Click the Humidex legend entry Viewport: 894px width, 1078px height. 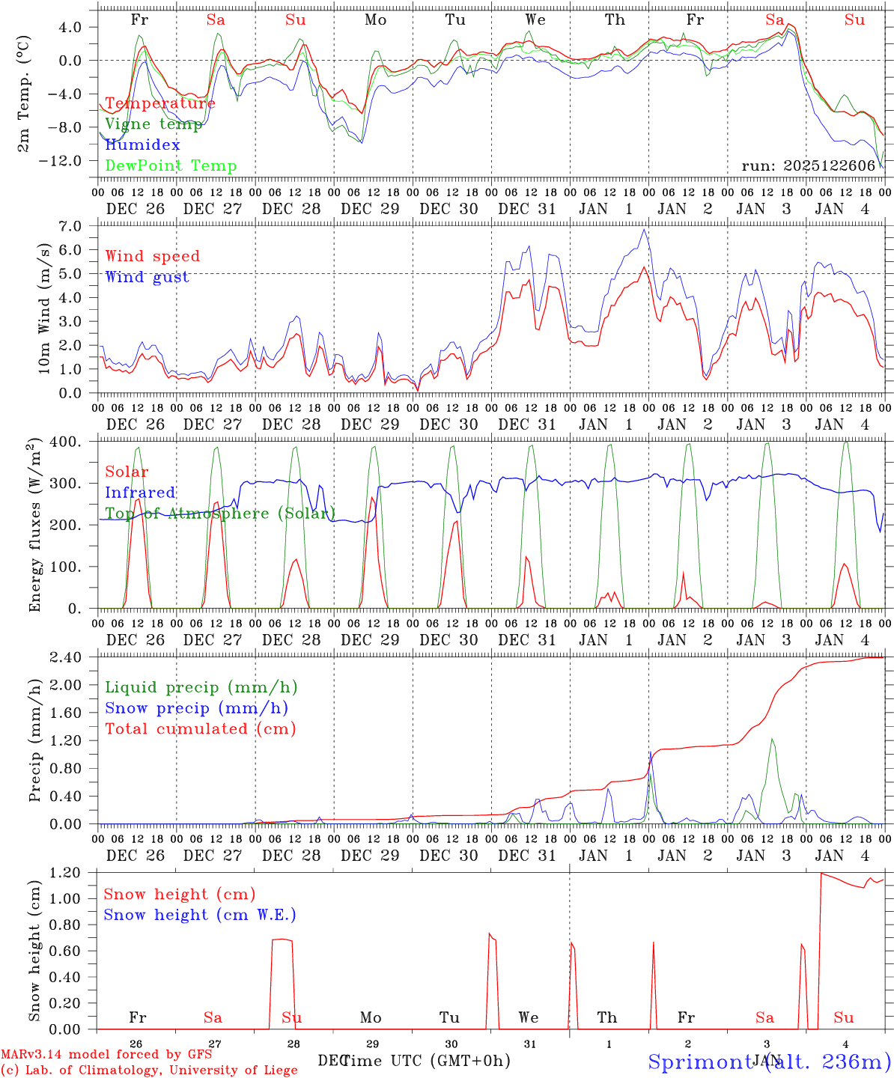point(142,145)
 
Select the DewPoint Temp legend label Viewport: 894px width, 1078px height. point(171,166)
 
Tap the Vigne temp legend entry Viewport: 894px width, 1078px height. point(153,124)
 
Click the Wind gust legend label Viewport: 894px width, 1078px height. point(148,277)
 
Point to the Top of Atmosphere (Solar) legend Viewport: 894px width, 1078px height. point(220,514)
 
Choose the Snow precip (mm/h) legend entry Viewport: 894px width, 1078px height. point(196,708)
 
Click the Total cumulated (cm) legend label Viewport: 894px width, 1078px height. point(201,729)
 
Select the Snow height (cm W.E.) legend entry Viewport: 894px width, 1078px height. point(200,915)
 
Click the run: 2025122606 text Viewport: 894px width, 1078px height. point(809,166)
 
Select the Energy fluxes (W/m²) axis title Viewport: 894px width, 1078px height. point(34,526)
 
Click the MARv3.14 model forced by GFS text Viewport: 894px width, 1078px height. point(106,1055)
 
